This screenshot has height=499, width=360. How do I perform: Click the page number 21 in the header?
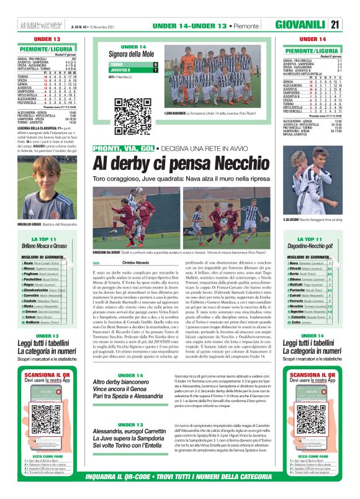[352, 25]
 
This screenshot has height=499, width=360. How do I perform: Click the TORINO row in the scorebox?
[133, 65]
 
